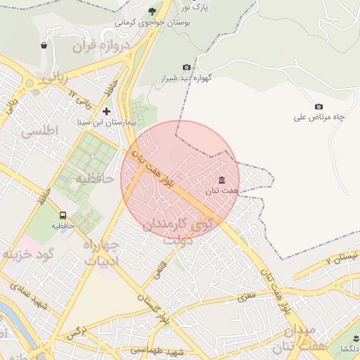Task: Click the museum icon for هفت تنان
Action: [x=222, y=180]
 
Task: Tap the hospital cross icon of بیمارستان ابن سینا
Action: [x=107, y=111]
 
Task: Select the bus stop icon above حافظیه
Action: [x=63, y=215]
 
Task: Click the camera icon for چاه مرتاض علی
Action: [x=319, y=106]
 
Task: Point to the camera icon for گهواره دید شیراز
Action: [x=186, y=67]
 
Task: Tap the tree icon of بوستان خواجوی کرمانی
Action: [x=153, y=11]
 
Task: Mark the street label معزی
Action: [x=247, y=297]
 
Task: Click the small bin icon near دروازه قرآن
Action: [x=44, y=46]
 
